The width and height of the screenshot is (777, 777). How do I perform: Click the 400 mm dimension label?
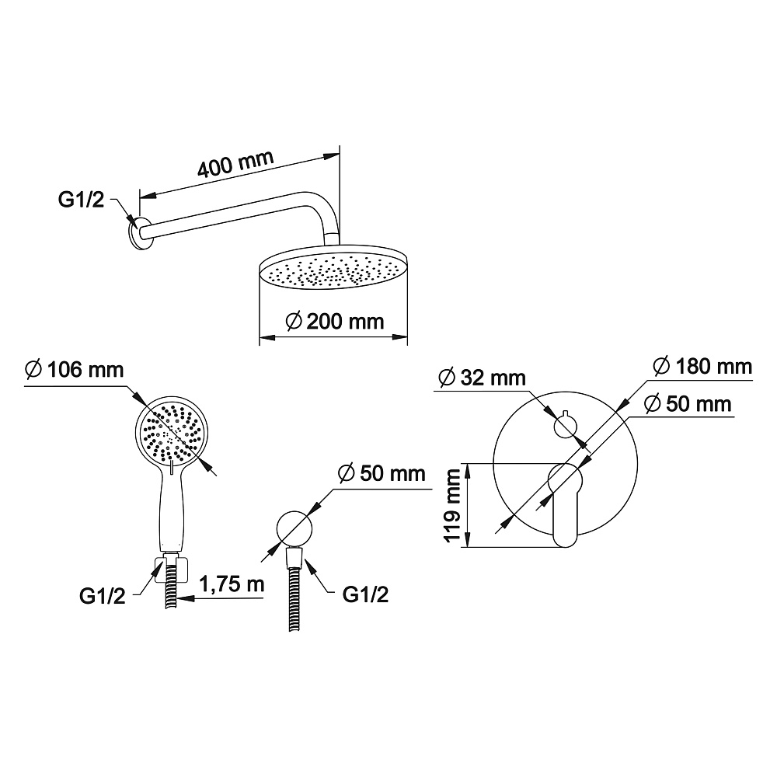coord(235,163)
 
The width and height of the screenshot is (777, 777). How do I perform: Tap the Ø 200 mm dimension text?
coord(335,322)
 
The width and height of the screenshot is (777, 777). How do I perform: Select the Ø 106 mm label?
coord(75,370)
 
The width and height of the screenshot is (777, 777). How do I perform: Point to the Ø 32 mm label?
coord(483,378)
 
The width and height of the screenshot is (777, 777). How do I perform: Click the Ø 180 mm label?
coord(702,367)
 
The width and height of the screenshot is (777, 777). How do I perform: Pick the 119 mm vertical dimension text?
coord(452,506)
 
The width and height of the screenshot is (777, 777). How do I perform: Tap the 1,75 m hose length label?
coord(232,584)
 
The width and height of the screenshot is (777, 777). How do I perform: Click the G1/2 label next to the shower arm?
coord(82,199)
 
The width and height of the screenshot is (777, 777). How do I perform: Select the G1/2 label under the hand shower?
coord(102,596)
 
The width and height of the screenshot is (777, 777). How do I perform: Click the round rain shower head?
coord(333,267)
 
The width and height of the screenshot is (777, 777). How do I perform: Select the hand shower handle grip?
coord(172,510)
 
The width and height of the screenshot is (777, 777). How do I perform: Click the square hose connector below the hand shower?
coord(172,570)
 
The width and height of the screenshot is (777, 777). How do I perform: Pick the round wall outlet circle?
coord(294,528)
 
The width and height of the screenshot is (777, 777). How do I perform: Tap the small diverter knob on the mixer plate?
coord(564,426)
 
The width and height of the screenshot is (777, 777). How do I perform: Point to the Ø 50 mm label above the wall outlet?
coord(382,473)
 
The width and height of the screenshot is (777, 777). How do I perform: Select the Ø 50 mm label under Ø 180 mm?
coord(688,404)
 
